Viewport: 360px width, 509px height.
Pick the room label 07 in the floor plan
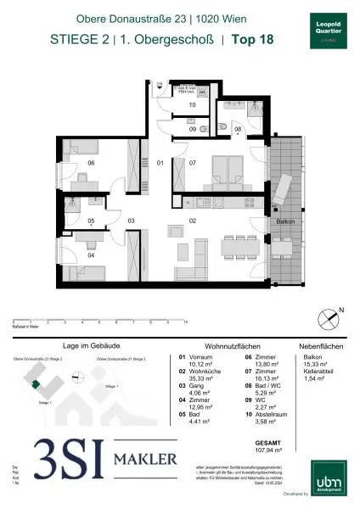pos(194,162)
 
